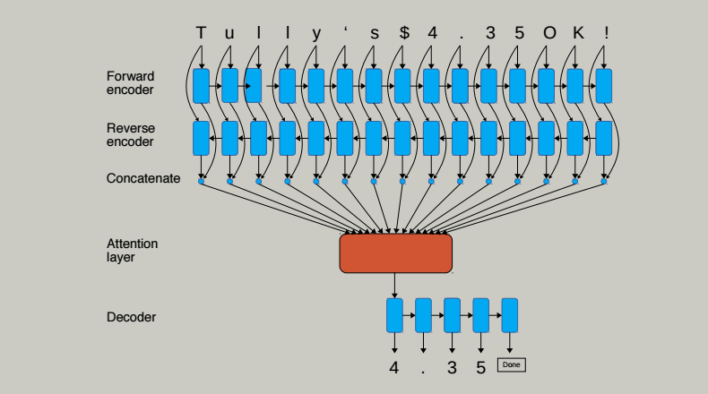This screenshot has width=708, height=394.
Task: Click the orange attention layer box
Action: click(x=395, y=253)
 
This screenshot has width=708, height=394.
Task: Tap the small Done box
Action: click(x=511, y=364)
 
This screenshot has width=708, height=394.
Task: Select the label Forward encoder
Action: click(x=131, y=83)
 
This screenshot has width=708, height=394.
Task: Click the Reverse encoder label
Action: click(x=131, y=135)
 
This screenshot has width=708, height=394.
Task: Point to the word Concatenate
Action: click(x=143, y=179)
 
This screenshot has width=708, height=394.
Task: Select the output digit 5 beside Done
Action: click(x=481, y=366)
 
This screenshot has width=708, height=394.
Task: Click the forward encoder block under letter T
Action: click(x=201, y=85)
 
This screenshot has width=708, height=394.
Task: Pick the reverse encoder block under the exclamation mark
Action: click(x=604, y=138)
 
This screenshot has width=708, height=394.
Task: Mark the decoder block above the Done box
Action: click(x=510, y=315)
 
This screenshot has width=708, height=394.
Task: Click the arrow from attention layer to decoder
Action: click(x=395, y=285)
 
